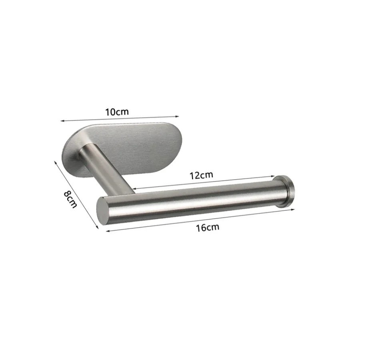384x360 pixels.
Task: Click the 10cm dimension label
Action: (x=117, y=112)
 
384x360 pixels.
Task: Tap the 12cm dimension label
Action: (x=201, y=175)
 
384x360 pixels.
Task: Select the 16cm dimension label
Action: (x=208, y=228)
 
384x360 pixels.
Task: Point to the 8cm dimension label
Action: (x=70, y=198)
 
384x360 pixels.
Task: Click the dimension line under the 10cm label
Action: (x=120, y=118)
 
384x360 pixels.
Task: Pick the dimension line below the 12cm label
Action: (x=204, y=182)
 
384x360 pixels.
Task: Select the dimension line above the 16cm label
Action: (x=200, y=220)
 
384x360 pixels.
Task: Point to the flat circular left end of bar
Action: (x=103, y=210)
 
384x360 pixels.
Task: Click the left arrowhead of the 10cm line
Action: (x=62, y=120)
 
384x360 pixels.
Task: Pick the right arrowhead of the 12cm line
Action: (x=274, y=176)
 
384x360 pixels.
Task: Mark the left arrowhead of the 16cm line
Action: (x=107, y=231)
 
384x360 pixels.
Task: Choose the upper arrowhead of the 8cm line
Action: (x=55, y=162)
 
